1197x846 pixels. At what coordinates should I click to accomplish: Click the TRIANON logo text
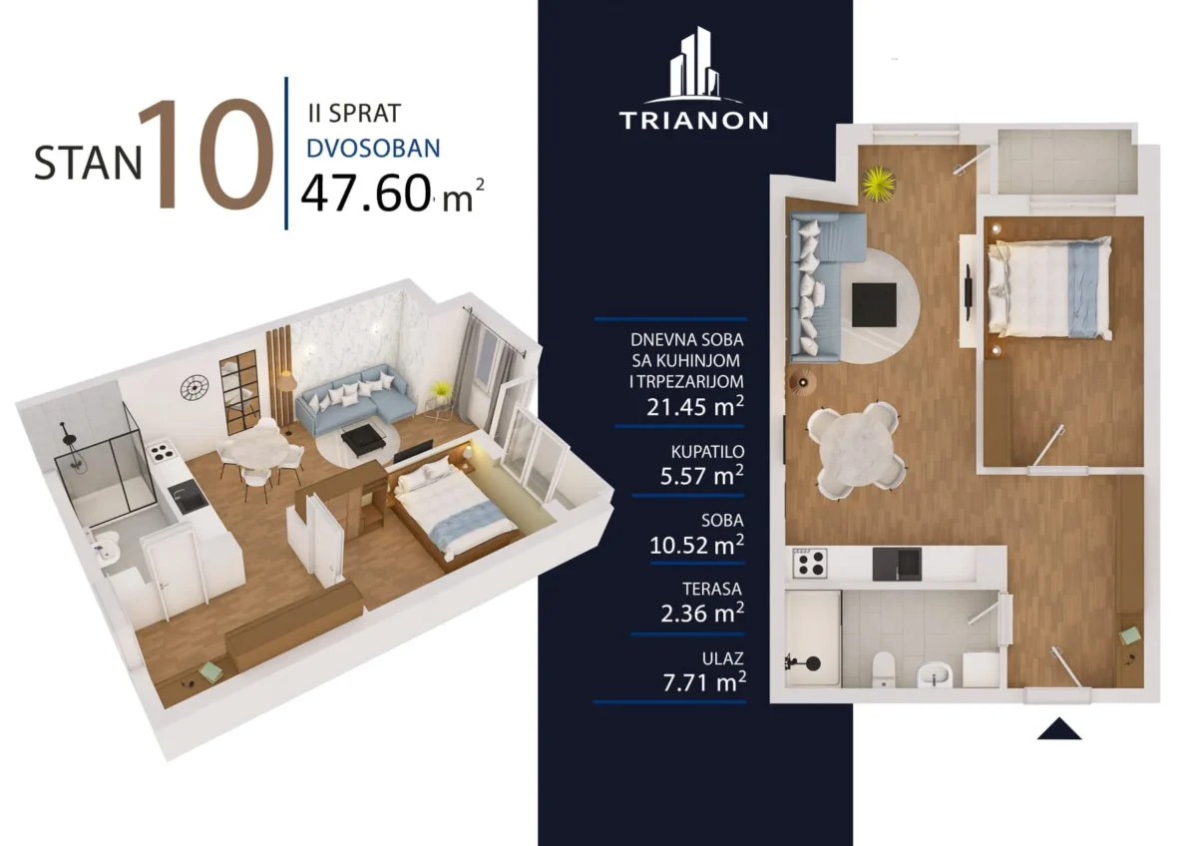(693, 121)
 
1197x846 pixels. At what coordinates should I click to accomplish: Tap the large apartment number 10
(206, 154)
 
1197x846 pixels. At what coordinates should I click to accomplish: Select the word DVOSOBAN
(373, 149)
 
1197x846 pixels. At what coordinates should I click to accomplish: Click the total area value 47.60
(366, 194)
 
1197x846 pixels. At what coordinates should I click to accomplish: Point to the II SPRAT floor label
(354, 114)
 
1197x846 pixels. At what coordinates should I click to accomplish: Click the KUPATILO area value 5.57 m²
(701, 475)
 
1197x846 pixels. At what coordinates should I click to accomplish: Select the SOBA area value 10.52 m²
(697, 545)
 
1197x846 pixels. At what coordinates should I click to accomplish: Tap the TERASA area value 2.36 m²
(702, 613)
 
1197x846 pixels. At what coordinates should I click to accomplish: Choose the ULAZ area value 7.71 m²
(704, 682)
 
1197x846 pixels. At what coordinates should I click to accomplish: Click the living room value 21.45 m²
(695, 407)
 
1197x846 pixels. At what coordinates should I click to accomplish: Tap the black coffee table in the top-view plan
(874, 305)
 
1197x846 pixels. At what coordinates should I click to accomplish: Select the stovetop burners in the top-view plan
(810, 564)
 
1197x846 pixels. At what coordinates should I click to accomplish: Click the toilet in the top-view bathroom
(884, 668)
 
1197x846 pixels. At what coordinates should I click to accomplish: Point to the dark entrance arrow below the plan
(1059, 729)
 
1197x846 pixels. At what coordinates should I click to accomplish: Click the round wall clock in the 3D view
(194, 387)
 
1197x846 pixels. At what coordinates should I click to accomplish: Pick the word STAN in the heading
(88, 163)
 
